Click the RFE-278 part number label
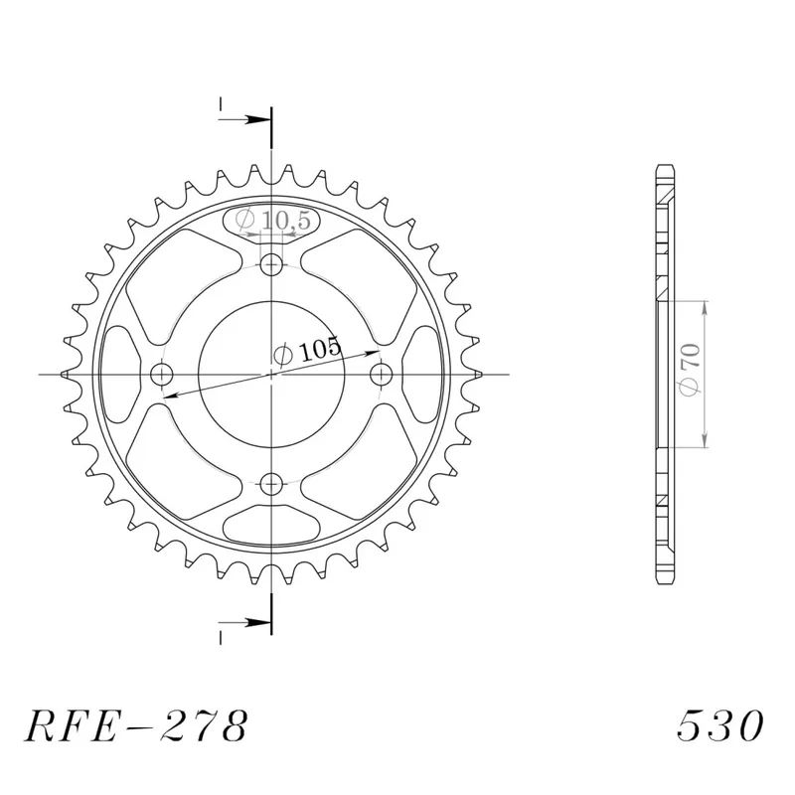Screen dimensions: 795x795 (x=136, y=726)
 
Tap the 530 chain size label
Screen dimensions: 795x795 (x=719, y=725)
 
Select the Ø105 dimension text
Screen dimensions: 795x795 (x=307, y=351)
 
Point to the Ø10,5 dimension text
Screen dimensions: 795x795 (x=272, y=221)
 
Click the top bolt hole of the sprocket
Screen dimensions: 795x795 (x=271, y=264)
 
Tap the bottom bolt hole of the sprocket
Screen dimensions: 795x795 (x=271, y=484)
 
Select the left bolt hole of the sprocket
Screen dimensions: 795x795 (x=162, y=375)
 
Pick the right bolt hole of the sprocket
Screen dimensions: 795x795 (x=382, y=375)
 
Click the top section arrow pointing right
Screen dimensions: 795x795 (x=243, y=120)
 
